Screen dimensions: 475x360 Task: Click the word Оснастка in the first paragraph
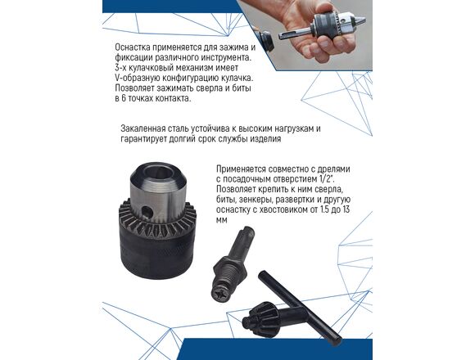coord(132,47)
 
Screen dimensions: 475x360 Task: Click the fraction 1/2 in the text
coord(326,179)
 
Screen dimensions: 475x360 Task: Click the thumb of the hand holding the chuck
coord(296,16)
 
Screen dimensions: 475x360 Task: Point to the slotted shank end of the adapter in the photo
coord(287,34)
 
